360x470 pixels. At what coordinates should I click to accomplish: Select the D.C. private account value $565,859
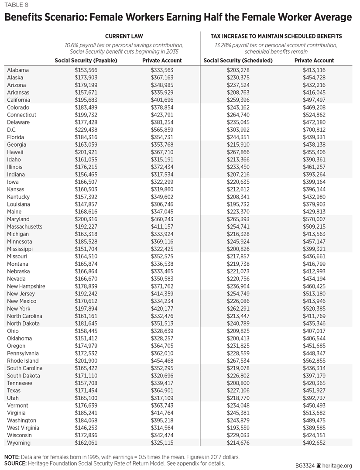pos(162,130)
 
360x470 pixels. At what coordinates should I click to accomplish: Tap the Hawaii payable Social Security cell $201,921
pos(86,152)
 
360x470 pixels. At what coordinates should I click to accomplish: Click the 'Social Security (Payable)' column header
pos(86,61)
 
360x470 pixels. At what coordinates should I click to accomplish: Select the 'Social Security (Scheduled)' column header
pos(238,61)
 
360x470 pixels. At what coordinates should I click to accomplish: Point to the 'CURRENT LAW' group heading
pos(124,36)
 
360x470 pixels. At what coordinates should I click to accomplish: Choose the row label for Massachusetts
pos(25,226)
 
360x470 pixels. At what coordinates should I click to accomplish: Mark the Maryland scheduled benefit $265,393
pos(238,219)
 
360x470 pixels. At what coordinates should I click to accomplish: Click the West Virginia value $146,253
pos(86,428)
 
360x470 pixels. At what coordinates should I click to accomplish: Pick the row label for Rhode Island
pos(23,360)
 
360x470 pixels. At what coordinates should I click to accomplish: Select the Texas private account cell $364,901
pos(162,391)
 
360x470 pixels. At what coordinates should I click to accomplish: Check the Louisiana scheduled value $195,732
pos(238,204)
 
